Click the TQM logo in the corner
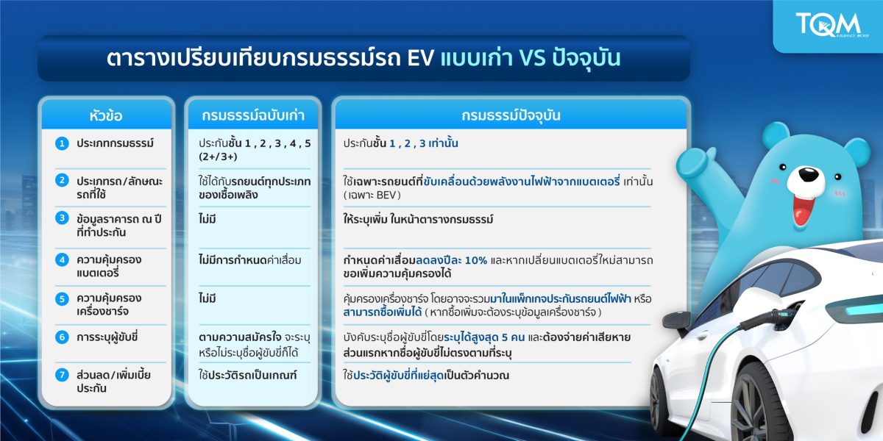click(829, 26)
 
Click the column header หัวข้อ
click(107, 115)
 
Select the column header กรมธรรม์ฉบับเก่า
click(252, 115)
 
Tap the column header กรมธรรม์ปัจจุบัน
click(512, 115)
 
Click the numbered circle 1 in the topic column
click(62, 143)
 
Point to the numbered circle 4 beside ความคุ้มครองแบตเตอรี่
click(62, 259)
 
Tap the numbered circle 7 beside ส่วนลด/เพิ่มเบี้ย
click(62, 375)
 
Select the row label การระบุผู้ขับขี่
click(109, 337)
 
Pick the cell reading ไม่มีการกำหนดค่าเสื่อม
click(250, 259)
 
